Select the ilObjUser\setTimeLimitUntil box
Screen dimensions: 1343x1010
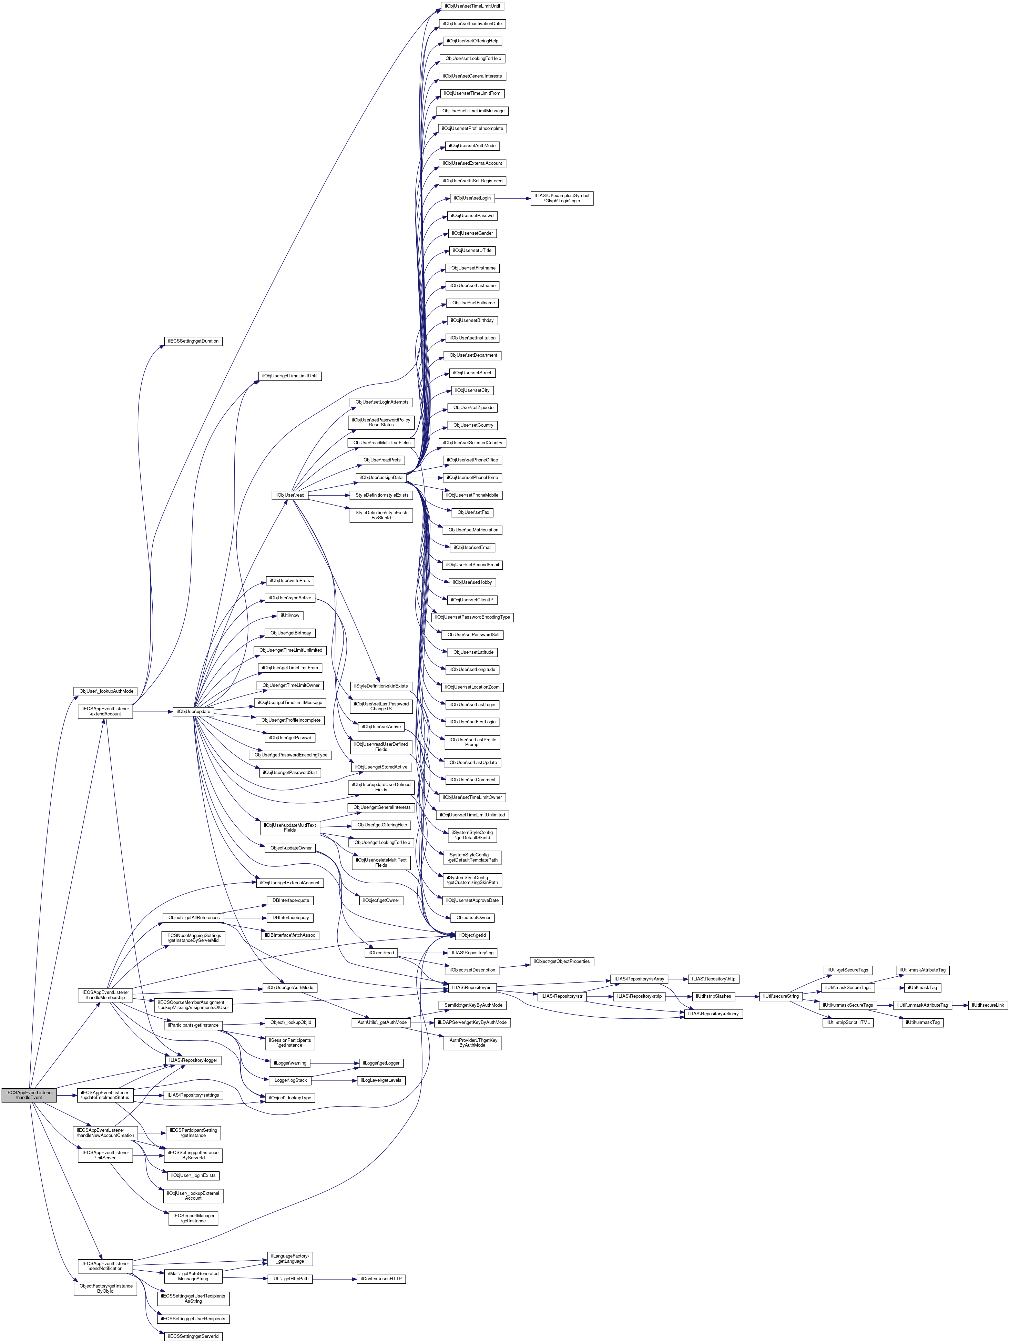tap(472, 6)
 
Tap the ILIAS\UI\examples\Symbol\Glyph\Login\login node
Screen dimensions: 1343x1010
tap(561, 199)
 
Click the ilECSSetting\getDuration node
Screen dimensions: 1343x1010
tap(193, 341)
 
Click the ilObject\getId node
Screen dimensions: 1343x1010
tap(472, 936)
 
